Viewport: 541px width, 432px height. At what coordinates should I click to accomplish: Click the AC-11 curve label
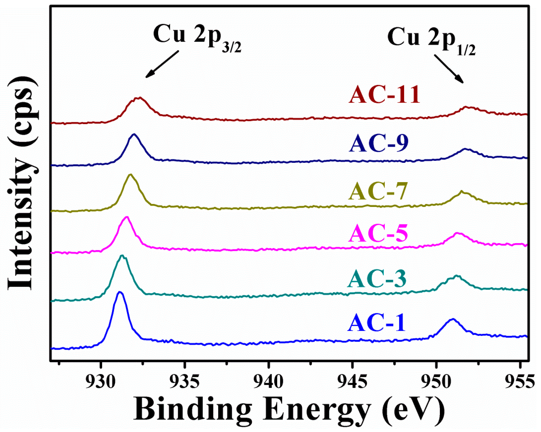click(x=384, y=95)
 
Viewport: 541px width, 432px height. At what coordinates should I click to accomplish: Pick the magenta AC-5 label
click(x=378, y=234)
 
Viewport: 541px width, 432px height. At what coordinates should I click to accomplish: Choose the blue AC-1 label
click(x=376, y=324)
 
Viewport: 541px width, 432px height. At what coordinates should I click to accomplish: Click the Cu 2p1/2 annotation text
click(x=431, y=40)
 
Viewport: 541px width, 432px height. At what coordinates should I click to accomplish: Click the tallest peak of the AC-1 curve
click(x=120, y=292)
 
